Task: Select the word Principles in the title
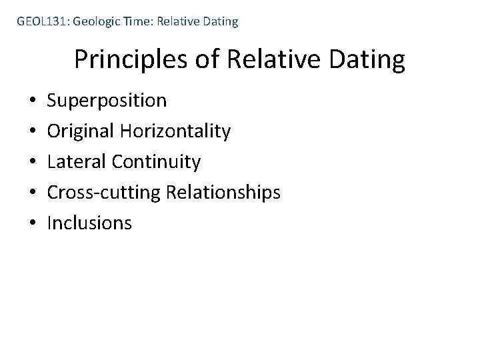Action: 131,60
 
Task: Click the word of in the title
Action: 207,60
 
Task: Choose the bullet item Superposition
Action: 107,101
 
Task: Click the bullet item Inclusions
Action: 89,223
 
